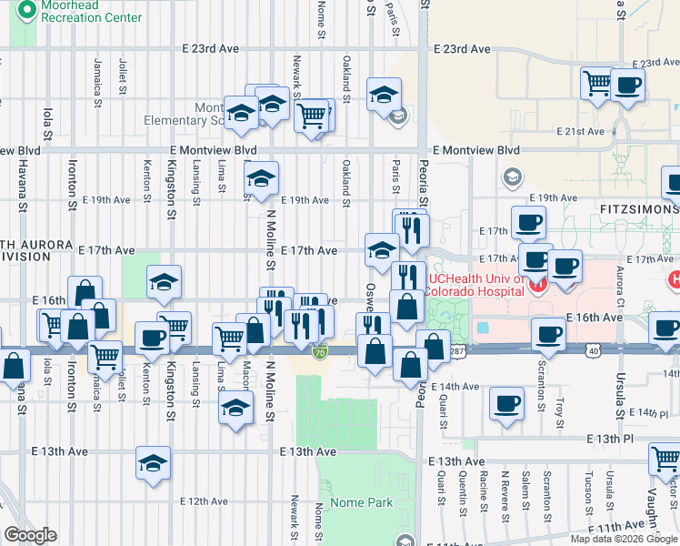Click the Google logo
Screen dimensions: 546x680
point(30,535)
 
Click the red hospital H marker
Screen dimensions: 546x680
point(536,285)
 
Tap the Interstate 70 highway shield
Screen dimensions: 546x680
point(318,352)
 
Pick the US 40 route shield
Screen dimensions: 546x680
point(593,349)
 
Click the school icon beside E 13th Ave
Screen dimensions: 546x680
point(153,462)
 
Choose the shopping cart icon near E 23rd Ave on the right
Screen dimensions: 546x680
point(598,83)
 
